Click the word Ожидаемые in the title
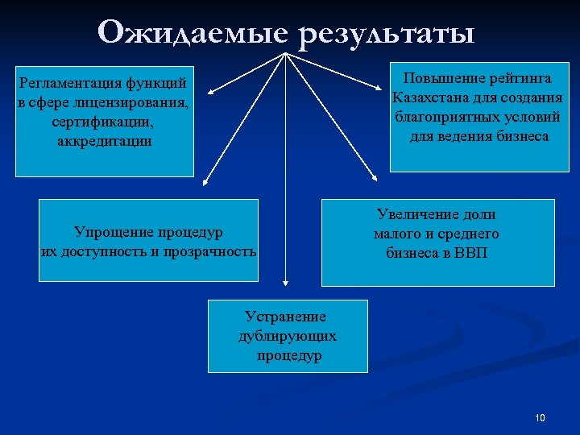click(x=195, y=33)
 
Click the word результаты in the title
click(x=388, y=35)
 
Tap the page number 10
click(x=540, y=417)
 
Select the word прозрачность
click(x=210, y=251)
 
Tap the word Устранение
click(x=286, y=317)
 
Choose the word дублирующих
click(x=288, y=336)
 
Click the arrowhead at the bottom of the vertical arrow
click(x=285, y=281)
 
